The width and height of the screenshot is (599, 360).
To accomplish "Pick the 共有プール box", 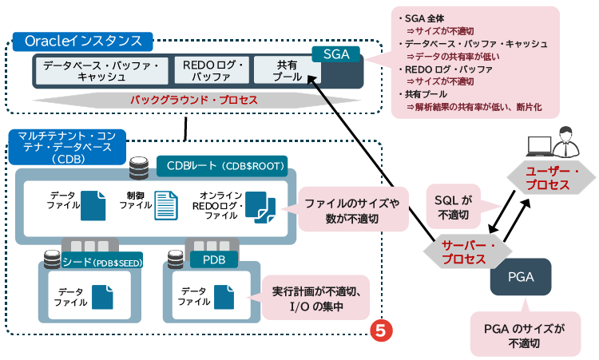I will (286, 70).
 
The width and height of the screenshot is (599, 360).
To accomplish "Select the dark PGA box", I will (520, 279).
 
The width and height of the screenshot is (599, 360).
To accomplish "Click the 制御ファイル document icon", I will (165, 205).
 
